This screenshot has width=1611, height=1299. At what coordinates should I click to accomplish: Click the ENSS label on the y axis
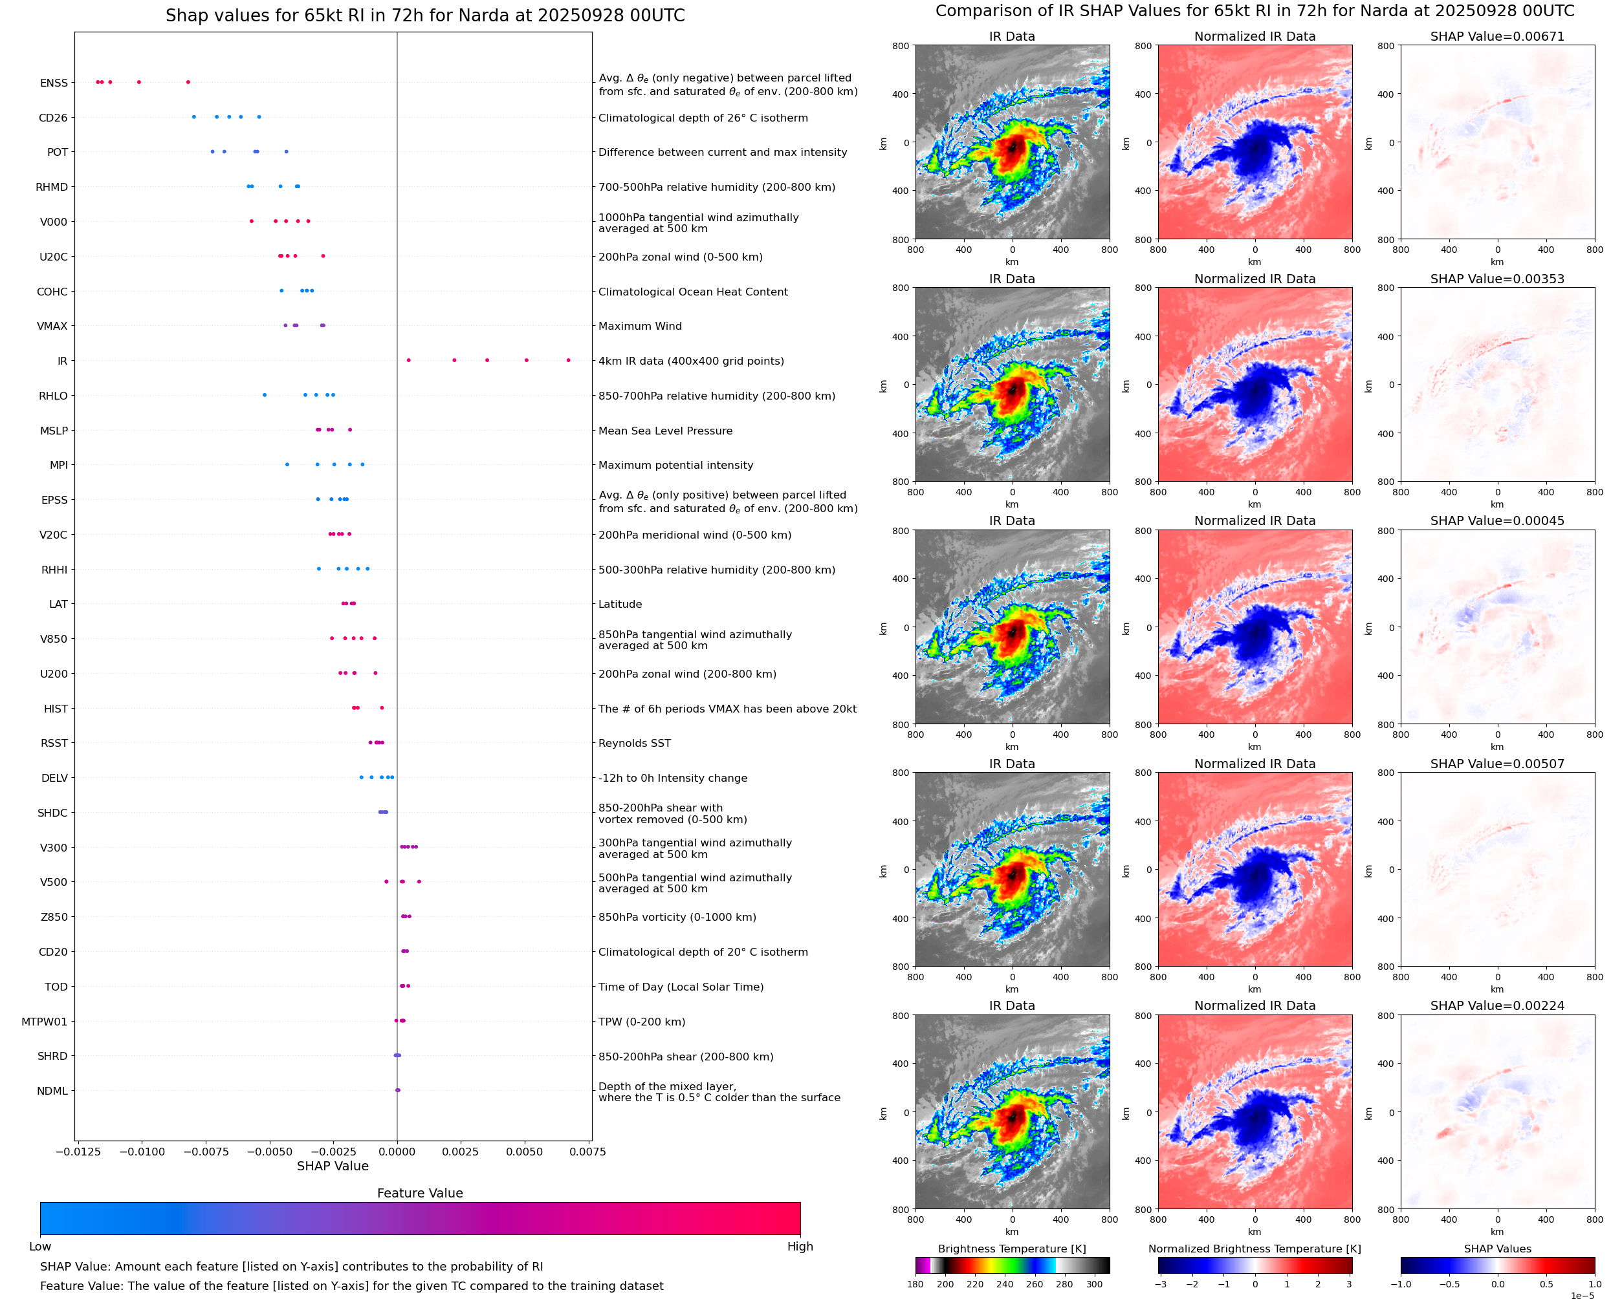54,83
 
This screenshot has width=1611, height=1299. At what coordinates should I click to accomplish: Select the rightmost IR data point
568,360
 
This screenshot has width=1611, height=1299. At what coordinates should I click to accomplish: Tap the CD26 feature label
53,118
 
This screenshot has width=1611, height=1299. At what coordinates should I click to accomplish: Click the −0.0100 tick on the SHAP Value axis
142,1152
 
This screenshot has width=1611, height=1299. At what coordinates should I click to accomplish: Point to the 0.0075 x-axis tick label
587,1152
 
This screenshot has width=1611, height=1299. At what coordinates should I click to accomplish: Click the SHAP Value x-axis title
333,1166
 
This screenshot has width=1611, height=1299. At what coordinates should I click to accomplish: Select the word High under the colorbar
800,1246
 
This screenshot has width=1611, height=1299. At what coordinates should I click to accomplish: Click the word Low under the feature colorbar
39,1246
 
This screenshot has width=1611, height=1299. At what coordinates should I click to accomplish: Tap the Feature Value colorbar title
420,1193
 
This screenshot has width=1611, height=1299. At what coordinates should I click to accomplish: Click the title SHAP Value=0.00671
1497,36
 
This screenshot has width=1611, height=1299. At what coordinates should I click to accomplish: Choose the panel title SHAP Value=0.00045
1497,521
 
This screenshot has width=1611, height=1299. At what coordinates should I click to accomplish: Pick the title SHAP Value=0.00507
1497,763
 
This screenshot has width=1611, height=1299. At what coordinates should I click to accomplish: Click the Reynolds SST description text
634,743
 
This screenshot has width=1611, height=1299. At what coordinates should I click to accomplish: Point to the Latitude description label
620,604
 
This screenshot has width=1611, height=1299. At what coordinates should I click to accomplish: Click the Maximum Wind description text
639,325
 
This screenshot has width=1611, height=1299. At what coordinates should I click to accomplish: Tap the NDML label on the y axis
52,1091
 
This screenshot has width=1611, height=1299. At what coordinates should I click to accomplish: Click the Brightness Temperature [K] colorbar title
1011,1249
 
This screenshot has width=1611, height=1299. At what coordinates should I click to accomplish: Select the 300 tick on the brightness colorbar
1095,1284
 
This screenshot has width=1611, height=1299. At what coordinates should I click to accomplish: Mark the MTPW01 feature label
44,1022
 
